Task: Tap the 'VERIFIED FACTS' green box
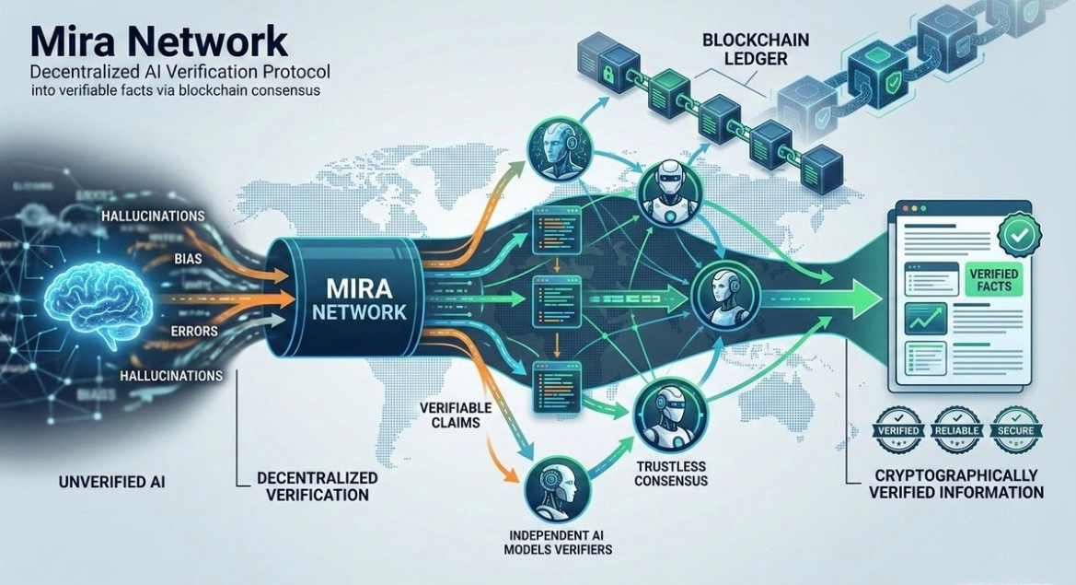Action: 989,278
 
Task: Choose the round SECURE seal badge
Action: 1016,431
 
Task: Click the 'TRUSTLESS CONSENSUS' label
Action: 670,473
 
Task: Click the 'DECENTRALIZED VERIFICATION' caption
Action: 315,486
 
